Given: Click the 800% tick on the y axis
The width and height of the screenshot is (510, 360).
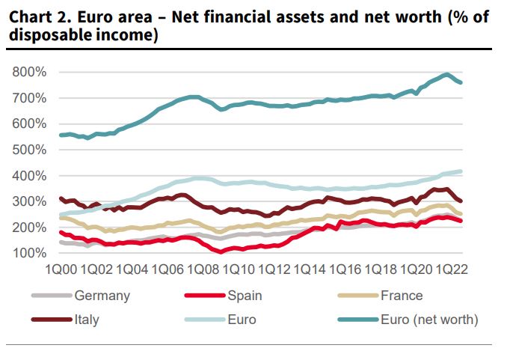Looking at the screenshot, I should click(x=30, y=72).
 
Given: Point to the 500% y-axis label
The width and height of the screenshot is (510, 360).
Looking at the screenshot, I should click(x=30, y=150).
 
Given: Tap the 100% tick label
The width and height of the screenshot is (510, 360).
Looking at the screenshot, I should click(x=30, y=253).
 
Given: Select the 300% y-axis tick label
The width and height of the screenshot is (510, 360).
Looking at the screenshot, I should click(x=30, y=201).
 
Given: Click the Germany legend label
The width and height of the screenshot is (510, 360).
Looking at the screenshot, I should click(x=102, y=296).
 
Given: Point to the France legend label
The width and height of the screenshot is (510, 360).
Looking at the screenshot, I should click(x=401, y=296).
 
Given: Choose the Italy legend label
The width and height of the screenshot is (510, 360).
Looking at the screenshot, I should click(x=87, y=320).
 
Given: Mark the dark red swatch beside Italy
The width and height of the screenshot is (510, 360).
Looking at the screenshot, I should click(x=53, y=320).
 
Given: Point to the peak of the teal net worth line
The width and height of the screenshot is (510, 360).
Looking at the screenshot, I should click(x=446, y=74).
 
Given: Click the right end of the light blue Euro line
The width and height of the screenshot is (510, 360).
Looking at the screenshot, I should click(x=460, y=171).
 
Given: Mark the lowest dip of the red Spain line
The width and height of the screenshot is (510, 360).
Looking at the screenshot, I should click(x=221, y=251).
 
